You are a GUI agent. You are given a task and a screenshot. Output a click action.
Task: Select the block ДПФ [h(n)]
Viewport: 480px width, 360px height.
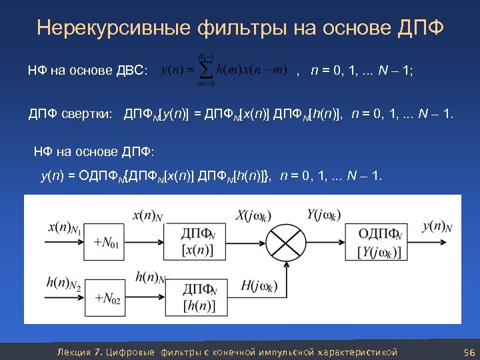coord(202,297)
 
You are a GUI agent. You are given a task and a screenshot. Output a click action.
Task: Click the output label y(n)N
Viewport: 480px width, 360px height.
coord(437,227)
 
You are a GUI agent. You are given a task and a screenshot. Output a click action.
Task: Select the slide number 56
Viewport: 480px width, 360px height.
coord(467,351)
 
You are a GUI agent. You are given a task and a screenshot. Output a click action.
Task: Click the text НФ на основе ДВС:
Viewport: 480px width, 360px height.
coord(87,70)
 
